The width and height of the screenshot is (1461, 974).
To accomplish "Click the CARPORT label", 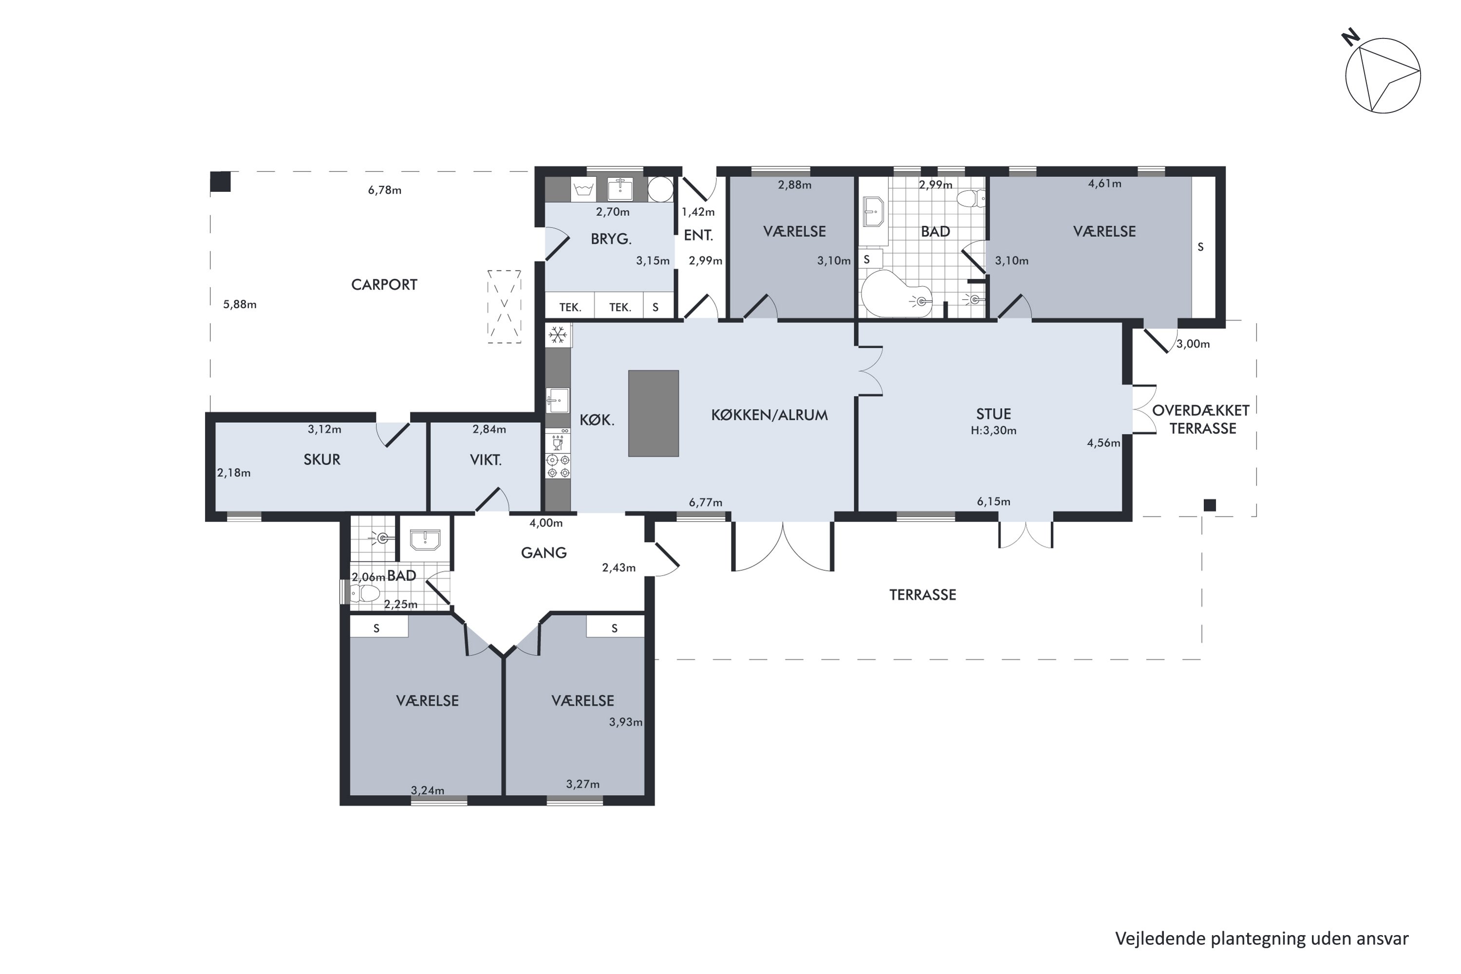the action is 384,284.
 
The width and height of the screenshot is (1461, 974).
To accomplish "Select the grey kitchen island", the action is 654,413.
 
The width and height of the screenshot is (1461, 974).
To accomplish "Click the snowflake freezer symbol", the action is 558,336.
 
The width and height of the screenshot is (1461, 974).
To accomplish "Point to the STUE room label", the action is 993,413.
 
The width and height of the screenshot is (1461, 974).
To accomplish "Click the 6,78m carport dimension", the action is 385,190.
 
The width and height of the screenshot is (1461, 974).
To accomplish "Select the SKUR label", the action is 322,460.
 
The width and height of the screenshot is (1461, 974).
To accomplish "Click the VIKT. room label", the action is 486,460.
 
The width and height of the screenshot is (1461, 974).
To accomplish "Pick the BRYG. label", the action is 611,239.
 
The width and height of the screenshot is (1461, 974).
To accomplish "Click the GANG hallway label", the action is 543,553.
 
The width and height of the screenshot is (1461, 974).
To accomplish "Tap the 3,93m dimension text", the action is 625,722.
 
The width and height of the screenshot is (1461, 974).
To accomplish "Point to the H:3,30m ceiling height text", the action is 993,431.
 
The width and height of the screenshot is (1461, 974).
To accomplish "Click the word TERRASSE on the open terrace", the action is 922,595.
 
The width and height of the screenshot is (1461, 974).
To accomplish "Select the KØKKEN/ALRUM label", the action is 769,415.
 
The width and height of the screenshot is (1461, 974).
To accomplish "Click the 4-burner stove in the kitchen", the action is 558,466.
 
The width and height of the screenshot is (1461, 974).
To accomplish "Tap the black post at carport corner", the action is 221,181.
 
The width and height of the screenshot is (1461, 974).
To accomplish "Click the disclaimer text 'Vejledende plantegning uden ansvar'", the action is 1262,938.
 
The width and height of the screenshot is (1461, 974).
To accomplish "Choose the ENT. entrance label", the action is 698,235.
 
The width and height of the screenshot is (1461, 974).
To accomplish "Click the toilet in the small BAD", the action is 363,594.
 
